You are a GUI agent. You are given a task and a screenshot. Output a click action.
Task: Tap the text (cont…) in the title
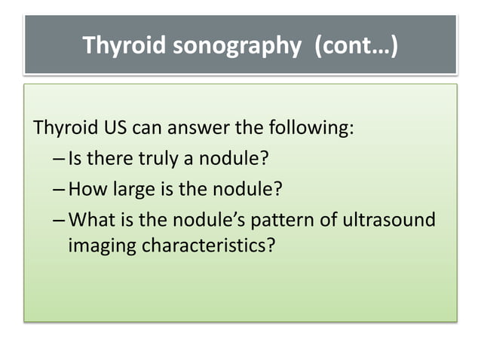coord(354,47)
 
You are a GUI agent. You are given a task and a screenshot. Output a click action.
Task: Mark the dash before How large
coord(60,188)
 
